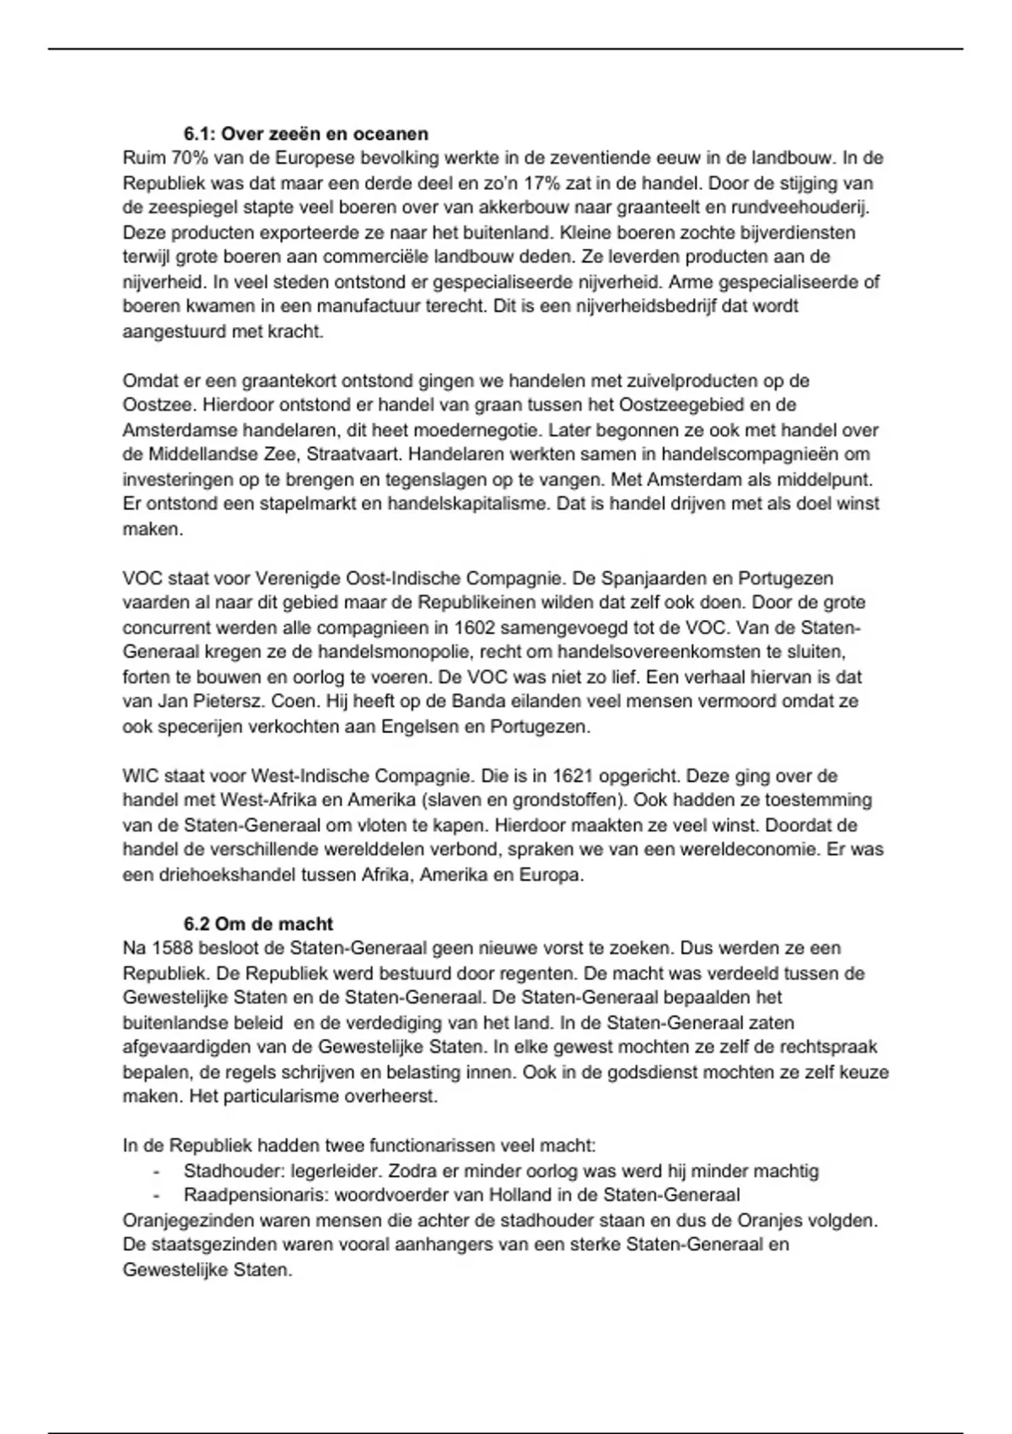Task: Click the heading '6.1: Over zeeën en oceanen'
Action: tap(305, 133)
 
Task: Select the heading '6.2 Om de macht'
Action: tap(258, 924)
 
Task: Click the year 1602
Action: tap(476, 628)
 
